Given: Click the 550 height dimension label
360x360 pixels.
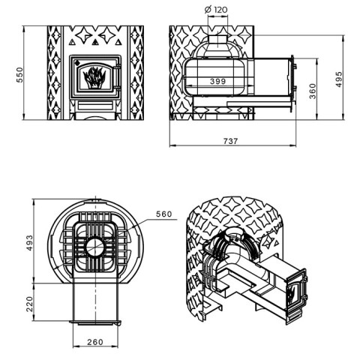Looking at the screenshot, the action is point(19,75).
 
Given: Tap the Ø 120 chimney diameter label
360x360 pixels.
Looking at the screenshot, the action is point(216,10).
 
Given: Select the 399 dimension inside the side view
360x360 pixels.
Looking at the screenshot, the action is point(217,81).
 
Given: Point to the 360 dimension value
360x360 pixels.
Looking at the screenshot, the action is point(313,91).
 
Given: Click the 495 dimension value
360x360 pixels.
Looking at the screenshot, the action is point(339,79).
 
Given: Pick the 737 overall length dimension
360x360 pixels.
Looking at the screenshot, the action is point(230,141).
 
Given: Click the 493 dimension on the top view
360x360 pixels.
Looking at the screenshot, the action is point(29,243).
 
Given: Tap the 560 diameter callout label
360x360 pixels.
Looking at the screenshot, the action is point(164,214).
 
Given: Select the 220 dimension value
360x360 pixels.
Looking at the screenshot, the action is point(29,304).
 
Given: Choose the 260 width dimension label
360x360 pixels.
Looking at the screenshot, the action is point(95,342).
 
